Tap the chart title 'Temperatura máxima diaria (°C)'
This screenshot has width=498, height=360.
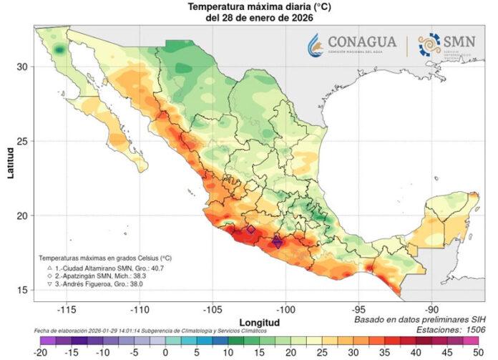pyautogui.click(x=250, y=6)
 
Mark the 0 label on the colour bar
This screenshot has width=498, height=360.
pyautogui.click(x=165, y=353)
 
